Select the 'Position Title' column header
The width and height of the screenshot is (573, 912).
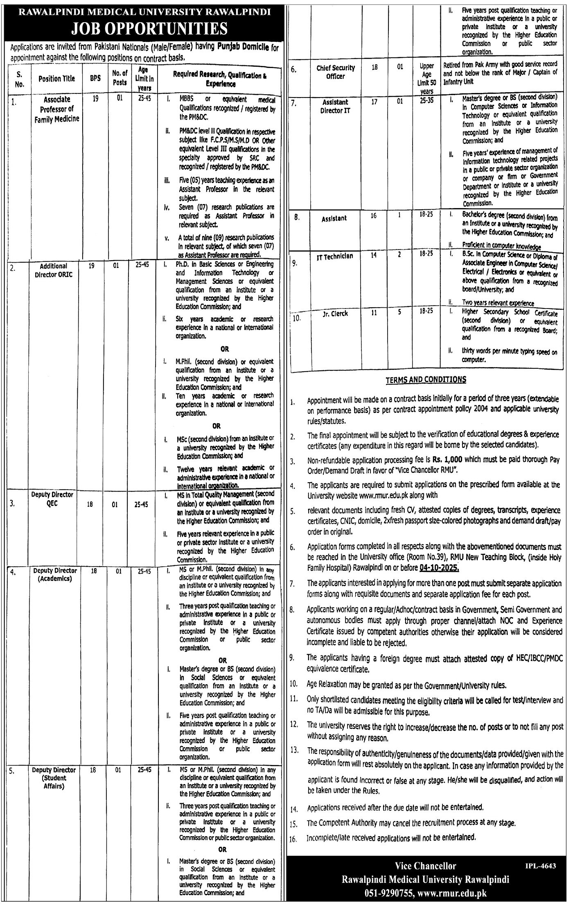pyautogui.click(x=57, y=79)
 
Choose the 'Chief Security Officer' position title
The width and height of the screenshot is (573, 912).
pyautogui.click(x=336, y=72)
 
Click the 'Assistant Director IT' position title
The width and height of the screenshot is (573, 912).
pyautogui.click(x=336, y=106)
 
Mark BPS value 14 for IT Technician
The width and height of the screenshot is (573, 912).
pyautogui.click(x=374, y=255)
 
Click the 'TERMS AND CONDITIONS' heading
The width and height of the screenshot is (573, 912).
pyautogui.click(x=426, y=380)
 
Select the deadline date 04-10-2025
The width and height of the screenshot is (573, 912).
pyautogui.click(x=439, y=569)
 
